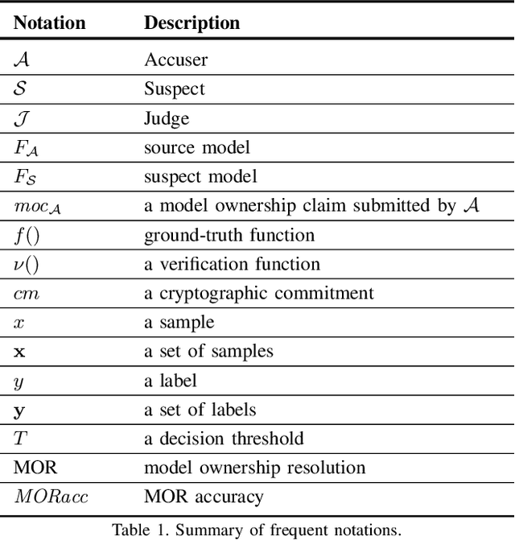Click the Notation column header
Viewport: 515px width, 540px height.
(50, 23)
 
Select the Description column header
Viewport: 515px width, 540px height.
(192, 23)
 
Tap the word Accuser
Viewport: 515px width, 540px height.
(175, 60)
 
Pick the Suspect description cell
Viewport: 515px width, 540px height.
(175, 89)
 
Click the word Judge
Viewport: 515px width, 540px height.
(167, 119)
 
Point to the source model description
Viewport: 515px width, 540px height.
(197, 148)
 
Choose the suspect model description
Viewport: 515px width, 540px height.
(201, 177)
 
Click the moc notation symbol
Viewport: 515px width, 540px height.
(38, 207)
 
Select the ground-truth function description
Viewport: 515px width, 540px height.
(229, 236)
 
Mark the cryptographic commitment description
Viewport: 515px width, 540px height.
(258, 294)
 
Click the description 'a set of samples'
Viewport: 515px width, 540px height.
(208, 352)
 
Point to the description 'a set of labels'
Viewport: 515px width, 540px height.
(200, 410)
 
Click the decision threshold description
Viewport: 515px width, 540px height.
(224, 439)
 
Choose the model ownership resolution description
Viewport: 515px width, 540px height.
(254, 468)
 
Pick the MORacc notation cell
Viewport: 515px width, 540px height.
(51, 497)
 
